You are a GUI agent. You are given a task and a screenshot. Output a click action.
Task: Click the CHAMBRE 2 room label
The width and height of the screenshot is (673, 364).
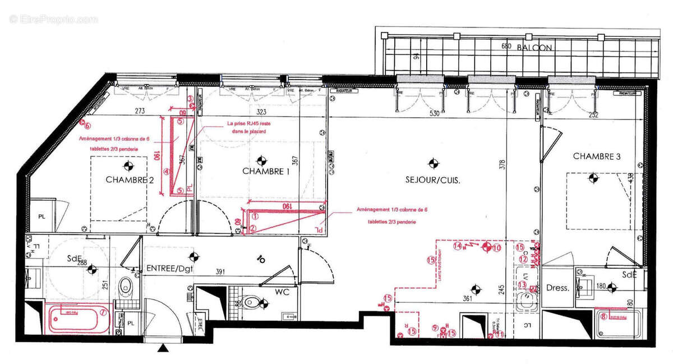tap(130, 180)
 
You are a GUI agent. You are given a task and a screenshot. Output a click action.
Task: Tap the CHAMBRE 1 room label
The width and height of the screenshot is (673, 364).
tap(265, 171)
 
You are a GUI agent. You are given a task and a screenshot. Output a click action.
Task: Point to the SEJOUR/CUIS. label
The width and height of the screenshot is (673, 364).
tap(432, 180)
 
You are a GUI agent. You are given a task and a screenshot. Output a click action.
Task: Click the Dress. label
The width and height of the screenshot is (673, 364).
tap(557, 288)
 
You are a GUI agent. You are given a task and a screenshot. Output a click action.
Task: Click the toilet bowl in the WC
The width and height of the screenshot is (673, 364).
tap(253, 304)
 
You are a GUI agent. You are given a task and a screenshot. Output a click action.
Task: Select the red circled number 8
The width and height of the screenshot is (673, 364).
tap(603, 316)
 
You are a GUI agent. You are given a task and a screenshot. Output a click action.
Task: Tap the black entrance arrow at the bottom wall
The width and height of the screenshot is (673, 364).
tap(163, 349)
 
